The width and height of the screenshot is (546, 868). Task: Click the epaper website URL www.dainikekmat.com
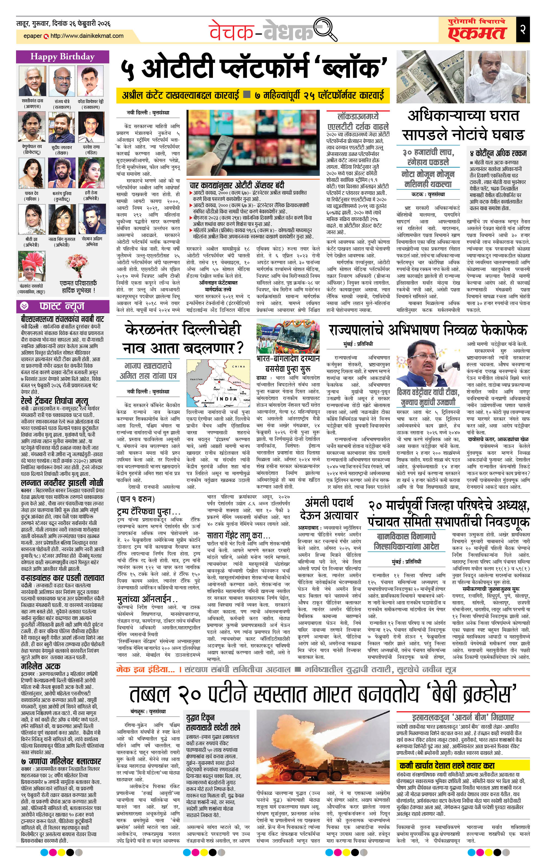[x=87, y=36]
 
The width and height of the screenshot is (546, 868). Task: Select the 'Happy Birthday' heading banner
[x=63, y=57]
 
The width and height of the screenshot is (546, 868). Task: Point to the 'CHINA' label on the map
[x=238, y=367]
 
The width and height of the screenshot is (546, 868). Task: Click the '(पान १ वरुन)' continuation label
[x=136, y=499]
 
